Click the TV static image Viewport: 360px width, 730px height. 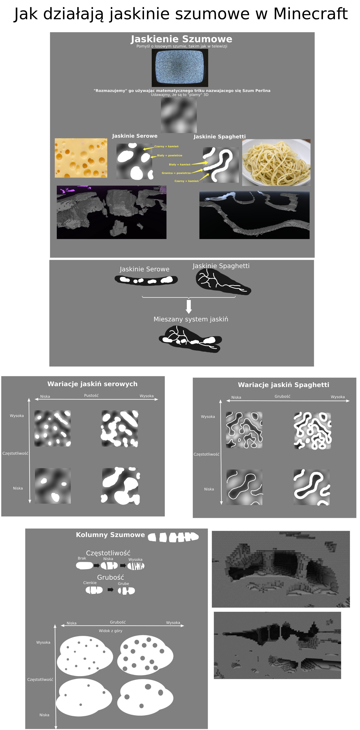pyautogui.click(x=180, y=68)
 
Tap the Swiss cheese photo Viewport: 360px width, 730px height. pyautogui.click(x=81, y=158)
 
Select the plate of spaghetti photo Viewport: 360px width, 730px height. pyautogui.click(x=276, y=162)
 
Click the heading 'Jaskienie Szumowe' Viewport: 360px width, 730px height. pyautogui.click(x=181, y=39)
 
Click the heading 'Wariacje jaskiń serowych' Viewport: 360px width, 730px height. pyautogui.click(x=92, y=384)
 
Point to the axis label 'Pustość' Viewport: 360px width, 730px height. pyautogui.click(x=91, y=396)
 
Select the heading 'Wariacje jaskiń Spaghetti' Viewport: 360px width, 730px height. pyautogui.click(x=283, y=385)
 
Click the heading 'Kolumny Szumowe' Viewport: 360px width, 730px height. pyautogui.click(x=110, y=535)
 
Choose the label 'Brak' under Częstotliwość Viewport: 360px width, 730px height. pyautogui.click(x=82, y=558)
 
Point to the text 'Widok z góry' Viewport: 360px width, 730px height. pyautogui.click(x=111, y=631)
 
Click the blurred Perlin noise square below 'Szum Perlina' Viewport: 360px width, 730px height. pyautogui.click(x=179, y=115)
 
